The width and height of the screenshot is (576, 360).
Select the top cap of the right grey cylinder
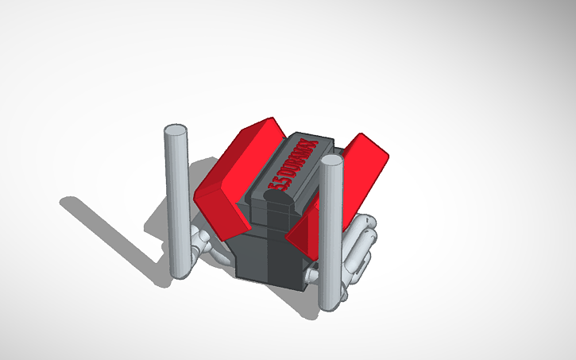tap(332, 161)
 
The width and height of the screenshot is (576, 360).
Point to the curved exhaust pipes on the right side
tap(361, 246)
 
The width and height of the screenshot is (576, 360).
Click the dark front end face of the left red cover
tap(218, 211)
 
